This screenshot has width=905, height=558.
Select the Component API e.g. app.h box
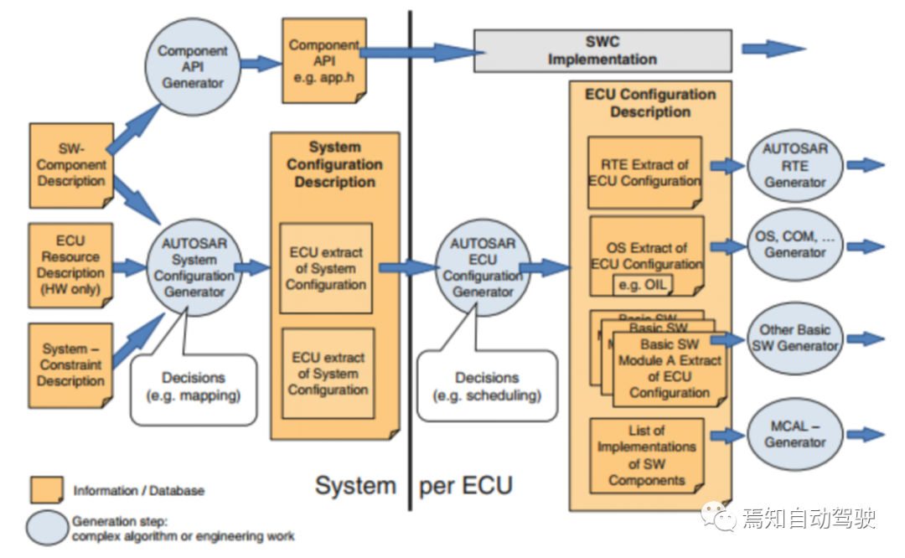(x=324, y=59)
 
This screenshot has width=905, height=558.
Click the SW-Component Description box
(x=71, y=165)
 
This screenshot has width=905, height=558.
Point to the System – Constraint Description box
(x=71, y=365)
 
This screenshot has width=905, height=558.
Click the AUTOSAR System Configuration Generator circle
(x=194, y=268)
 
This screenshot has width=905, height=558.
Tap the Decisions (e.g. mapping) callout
(x=193, y=387)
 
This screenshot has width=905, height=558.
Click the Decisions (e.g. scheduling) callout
(x=486, y=387)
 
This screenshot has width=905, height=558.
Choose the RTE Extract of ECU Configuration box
(x=644, y=173)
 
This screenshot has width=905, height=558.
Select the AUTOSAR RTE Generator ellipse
(x=795, y=165)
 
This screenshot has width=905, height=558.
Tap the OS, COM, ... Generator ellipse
(x=795, y=245)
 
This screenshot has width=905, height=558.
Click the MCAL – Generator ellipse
(x=795, y=434)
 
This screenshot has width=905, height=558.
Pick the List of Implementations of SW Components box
(x=646, y=455)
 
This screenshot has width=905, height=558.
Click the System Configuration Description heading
(x=334, y=165)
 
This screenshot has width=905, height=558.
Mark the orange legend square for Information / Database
(x=46, y=490)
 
